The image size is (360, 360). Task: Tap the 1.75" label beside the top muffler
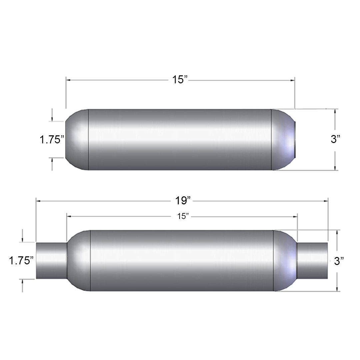52,140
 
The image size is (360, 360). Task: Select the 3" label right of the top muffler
335,139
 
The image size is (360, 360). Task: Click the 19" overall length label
183,201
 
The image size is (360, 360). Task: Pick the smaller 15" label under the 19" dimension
183,216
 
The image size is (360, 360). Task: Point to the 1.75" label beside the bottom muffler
21,261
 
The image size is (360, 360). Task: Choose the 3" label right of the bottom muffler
339,261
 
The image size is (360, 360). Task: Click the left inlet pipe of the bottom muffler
51,261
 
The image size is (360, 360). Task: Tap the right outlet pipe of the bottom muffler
312,261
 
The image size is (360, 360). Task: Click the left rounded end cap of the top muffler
77,140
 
